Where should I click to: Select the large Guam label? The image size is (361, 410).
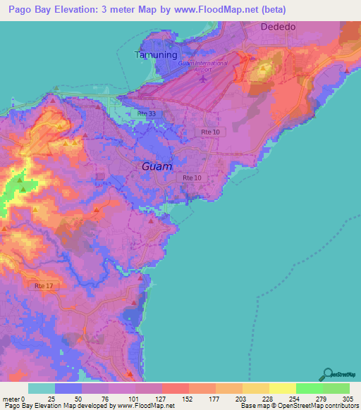click(x=156, y=167)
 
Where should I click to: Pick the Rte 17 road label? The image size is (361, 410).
click(x=44, y=285)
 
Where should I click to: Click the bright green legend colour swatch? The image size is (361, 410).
click(x=309, y=388)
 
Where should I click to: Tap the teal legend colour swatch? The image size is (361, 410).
click(x=42, y=388)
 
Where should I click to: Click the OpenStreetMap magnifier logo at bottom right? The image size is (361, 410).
click(x=327, y=374)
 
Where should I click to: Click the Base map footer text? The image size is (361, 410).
click(x=257, y=406)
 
